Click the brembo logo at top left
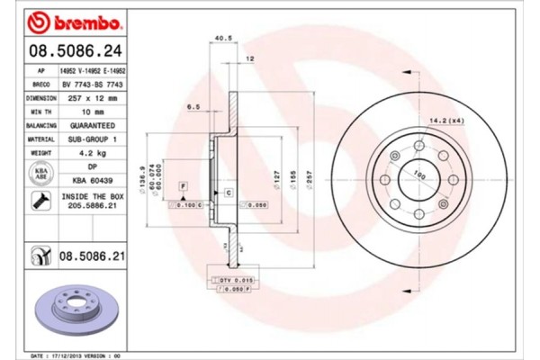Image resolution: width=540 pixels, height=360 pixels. coord(66,20)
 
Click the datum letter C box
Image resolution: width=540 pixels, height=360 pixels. coord(229,193)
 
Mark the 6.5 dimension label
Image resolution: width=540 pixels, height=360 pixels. coord(193,106)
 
